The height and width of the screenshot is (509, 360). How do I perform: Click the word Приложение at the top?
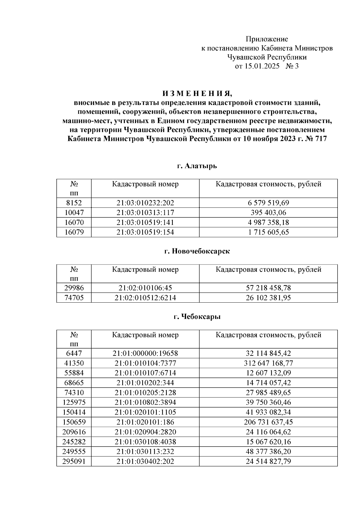(x=267, y=39)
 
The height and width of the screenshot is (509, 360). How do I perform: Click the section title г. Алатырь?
(x=197, y=166)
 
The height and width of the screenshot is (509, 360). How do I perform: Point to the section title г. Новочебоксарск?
(x=197, y=251)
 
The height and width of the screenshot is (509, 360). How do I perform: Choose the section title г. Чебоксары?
(x=197, y=317)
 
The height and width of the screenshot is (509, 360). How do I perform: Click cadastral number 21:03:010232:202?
(x=145, y=203)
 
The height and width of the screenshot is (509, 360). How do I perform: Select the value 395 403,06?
(x=268, y=213)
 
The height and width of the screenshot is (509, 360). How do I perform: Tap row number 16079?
(x=74, y=232)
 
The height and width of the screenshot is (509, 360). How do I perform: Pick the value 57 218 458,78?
(x=268, y=288)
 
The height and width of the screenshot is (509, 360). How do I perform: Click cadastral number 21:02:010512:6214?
(x=145, y=298)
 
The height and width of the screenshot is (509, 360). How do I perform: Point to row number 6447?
(x=74, y=353)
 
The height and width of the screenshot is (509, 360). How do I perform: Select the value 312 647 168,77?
(x=268, y=363)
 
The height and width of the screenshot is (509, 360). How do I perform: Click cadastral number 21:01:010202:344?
(x=145, y=383)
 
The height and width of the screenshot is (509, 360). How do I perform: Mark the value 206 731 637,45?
(x=268, y=422)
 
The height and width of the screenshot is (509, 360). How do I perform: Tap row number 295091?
(x=74, y=461)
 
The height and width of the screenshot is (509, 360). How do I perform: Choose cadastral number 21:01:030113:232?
(x=145, y=451)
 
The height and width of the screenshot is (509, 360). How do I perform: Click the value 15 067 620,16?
(x=268, y=442)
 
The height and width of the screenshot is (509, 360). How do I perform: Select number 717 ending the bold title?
(x=321, y=139)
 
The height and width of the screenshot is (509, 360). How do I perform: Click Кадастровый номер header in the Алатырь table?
(x=145, y=184)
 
